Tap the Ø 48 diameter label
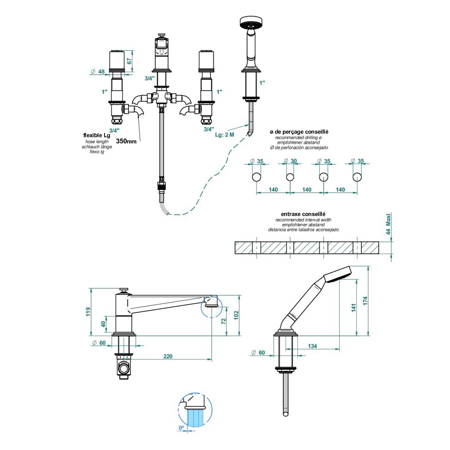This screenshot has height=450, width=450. pyautogui.click(x=98, y=72)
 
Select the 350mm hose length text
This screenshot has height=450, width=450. pyautogui.click(x=126, y=141)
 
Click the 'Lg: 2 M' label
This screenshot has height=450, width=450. pyautogui.click(x=225, y=134)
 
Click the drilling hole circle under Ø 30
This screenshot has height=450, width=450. pyautogui.click(x=290, y=177)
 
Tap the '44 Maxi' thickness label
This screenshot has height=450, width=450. pyautogui.click(x=388, y=225)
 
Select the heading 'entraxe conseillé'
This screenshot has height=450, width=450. pyautogui.click(x=303, y=214)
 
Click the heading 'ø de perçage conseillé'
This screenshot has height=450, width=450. pyautogui.click(x=302, y=132)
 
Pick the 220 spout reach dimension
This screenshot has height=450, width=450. pyautogui.click(x=168, y=356)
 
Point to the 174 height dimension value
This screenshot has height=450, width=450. pyautogui.click(x=365, y=301)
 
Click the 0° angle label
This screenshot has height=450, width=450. pyautogui.click(x=181, y=428)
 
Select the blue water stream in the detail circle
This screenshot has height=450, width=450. pyautogui.click(x=195, y=418)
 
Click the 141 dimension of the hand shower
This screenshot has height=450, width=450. pyautogui.click(x=354, y=307)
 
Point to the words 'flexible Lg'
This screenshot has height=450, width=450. pyautogui.click(x=97, y=135)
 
